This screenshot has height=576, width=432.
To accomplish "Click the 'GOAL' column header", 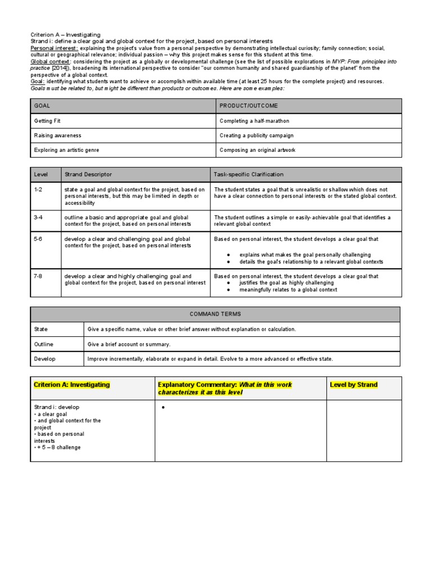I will point(43,106).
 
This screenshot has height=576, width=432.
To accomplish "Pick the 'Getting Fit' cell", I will point(47,121).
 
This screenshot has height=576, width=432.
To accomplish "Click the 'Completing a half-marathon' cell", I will point(254,121).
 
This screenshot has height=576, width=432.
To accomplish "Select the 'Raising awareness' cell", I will point(57,136).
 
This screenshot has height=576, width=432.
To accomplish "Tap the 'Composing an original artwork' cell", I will point(257,150).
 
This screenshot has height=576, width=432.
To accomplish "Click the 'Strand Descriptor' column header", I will point(88,174).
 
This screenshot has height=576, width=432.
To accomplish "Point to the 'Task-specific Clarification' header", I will point(249,174).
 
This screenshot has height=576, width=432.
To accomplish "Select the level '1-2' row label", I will point(38,190).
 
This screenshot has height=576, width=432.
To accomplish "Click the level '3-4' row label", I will point(38,217).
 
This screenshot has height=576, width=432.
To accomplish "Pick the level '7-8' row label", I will point(38,276).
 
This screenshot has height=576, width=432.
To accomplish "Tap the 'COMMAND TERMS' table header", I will point(215,314).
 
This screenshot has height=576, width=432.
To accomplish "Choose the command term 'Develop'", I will point(45,358).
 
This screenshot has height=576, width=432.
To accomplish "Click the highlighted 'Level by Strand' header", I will point(353,385).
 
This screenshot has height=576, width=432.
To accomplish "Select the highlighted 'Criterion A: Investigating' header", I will point(72,385).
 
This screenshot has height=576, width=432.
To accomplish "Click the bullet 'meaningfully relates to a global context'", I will point(288,290).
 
